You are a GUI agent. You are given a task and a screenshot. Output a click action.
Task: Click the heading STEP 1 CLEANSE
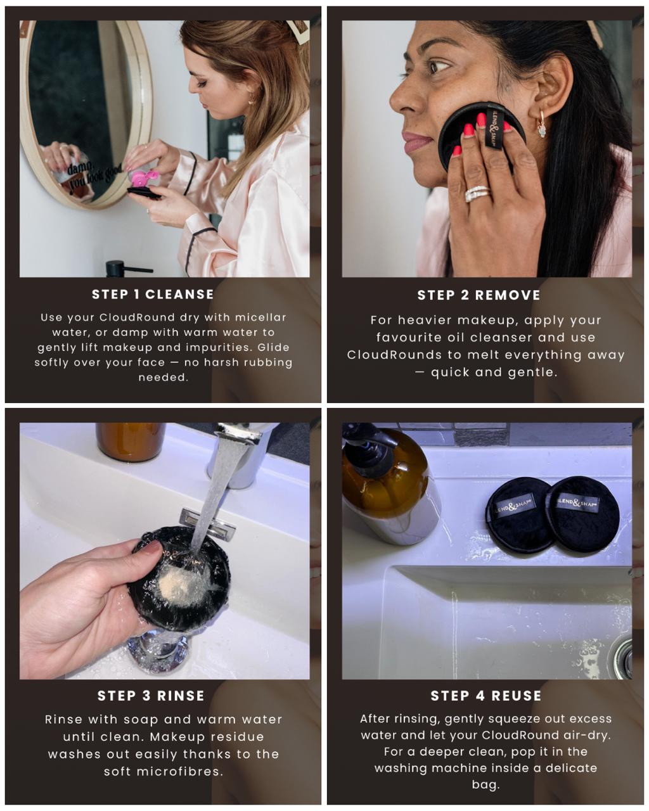pyautogui.click(x=153, y=295)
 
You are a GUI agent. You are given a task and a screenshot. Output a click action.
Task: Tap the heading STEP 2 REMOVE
pyautogui.click(x=479, y=295)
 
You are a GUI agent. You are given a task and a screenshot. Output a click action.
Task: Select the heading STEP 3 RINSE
pyautogui.click(x=151, y=696)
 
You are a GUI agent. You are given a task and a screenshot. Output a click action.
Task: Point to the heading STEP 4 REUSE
pyautogui.click(x=485, y=696)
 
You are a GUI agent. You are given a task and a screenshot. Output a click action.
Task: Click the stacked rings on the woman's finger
pyautogui.click(x=477, y=193)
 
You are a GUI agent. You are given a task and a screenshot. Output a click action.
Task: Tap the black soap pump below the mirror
pyautogui.click(x=124, y=269)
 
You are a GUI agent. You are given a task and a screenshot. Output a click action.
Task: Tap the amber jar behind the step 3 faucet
pyautogui.click(x=131, y=442)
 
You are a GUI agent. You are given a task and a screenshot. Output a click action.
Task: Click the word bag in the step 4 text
pyautogui.click(x=485, y=785)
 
